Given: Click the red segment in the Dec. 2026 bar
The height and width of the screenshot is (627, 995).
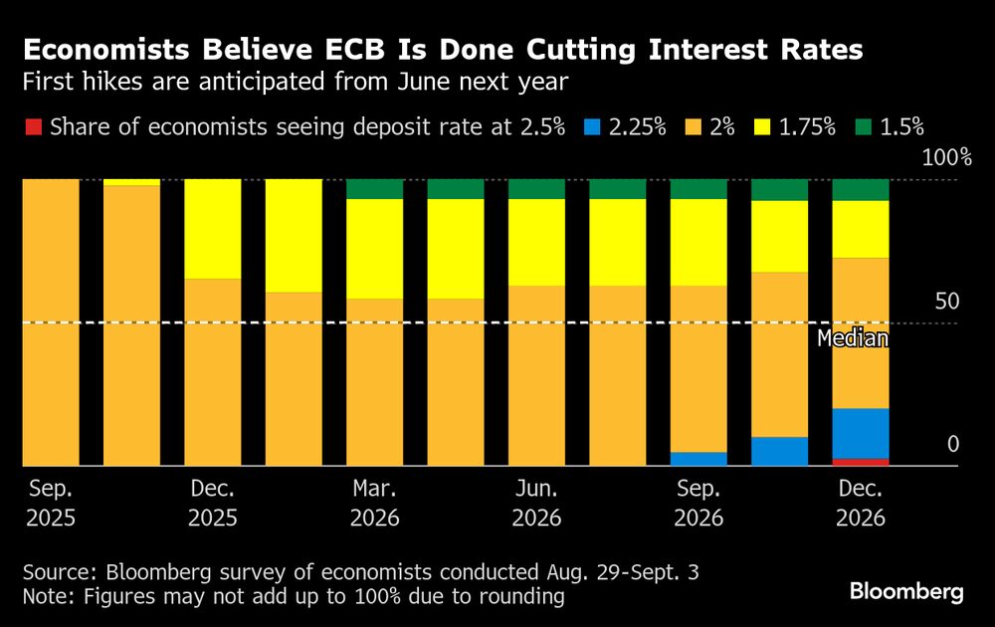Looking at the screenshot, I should [860, 462].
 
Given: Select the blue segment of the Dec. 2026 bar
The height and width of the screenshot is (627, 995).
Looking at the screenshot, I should [860, 433].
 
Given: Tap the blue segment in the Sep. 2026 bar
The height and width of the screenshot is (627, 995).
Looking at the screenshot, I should [698, 459].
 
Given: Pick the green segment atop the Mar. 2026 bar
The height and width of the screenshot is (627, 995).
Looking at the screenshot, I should [374, 189].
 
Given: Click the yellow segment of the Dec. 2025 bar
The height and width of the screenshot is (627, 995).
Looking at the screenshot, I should [213, 229].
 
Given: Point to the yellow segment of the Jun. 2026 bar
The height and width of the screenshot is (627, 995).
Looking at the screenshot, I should [536, 243].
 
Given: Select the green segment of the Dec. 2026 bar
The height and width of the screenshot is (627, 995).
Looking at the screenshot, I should [860, 190].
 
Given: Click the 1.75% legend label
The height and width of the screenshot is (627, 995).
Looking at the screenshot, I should [801, 127].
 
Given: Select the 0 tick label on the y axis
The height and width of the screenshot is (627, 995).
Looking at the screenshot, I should [952, 444].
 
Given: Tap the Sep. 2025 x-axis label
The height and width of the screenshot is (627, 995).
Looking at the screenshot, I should [51, 504].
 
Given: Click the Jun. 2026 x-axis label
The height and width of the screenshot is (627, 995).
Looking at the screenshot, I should [536, 504].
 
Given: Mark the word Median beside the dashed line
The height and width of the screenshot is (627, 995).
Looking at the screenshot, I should [852, 338].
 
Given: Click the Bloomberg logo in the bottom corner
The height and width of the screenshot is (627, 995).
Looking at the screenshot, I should [906, 592].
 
